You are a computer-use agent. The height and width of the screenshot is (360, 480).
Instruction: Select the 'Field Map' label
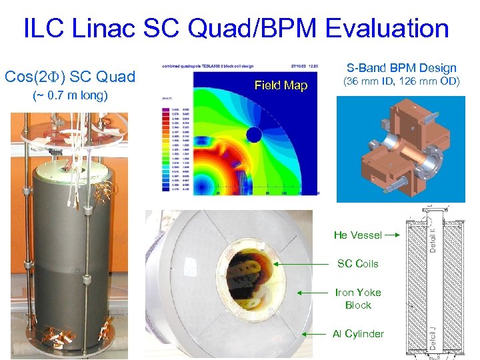281,85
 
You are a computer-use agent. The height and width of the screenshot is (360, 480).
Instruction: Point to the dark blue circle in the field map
254,136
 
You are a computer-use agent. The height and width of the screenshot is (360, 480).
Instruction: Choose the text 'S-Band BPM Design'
401,67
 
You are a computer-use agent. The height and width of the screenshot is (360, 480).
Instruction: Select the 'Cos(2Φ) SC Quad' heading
70,77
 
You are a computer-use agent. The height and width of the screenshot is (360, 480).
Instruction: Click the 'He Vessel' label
358,235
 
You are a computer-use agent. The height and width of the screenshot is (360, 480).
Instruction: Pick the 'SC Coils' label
357,263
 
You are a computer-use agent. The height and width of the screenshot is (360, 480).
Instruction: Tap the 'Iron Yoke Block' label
358,299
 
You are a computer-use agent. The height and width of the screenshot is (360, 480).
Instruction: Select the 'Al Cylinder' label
358,333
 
